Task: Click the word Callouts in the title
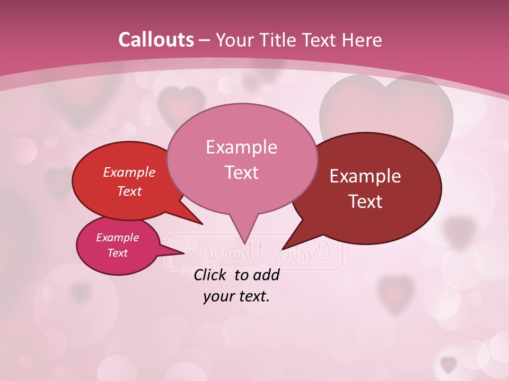(x=156, y=40)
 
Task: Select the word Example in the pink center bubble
(x=241, y=147)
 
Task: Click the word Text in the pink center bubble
(x=241, y=173)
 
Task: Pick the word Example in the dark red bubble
(x=365, y=176)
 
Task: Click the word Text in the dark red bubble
(x=365, y=202)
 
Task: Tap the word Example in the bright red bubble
(x=129, y=173)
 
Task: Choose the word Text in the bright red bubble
(x=129, y=192)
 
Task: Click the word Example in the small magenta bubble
(x=117, y=238)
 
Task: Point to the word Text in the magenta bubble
(x=117, y=253)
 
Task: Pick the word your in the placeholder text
(x=217, y=296)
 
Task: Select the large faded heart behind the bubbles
(x=387, y=106)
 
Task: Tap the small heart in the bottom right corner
(x=449, y=364)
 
